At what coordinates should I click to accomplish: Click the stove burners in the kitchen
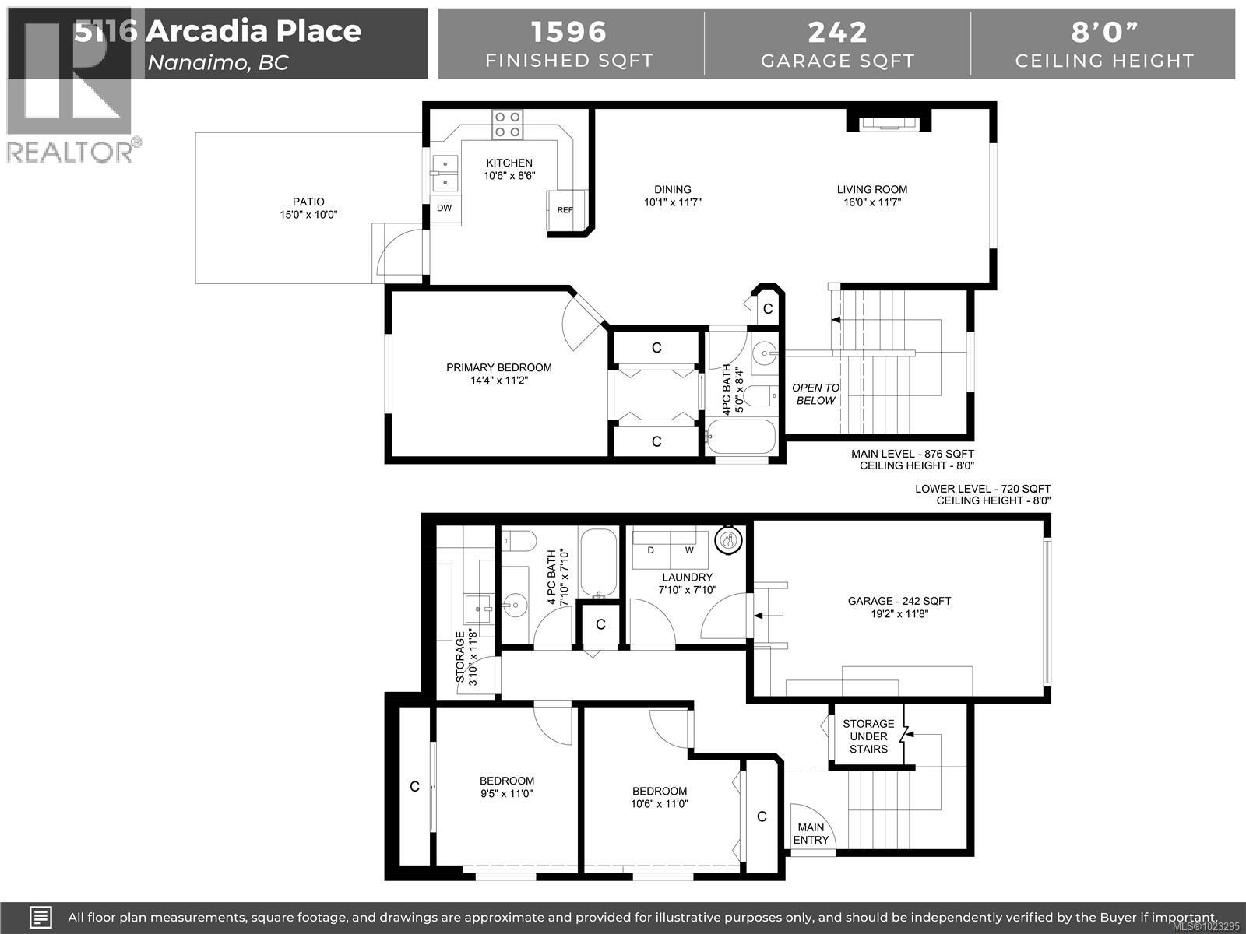[507, 125]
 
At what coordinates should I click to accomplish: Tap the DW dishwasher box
[445, 209]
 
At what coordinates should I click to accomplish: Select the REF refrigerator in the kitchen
[565, 210]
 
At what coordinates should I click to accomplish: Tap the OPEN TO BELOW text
[815, 394]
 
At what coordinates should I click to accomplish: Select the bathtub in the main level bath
[741, 436]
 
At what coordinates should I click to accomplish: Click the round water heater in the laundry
[729, 540]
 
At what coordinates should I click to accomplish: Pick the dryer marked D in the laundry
[651, 550]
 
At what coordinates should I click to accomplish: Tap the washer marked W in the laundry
[689, 550]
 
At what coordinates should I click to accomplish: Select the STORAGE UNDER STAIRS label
[868, 736]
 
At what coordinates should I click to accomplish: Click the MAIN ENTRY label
[811, 834]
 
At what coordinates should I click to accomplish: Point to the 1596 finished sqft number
[568, 32]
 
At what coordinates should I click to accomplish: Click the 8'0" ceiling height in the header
[1104, 32]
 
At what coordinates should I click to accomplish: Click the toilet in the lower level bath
[519, 540]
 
